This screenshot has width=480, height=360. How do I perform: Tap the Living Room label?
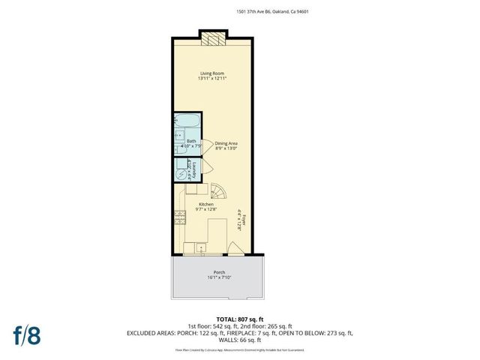pos(213,73)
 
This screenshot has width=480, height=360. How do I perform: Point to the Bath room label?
pos(191,141)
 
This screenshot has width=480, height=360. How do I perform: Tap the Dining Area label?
pos(226,142)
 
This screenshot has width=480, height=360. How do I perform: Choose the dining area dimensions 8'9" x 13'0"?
pos(226,148)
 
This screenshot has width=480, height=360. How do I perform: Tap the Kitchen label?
pos(205,205)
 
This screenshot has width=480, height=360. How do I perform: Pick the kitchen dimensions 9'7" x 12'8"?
pos(205,211)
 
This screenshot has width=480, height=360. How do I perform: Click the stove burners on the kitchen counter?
pos(180,218)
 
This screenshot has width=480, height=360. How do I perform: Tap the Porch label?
pos(219,272)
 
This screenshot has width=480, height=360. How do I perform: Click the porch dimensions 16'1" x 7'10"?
pos(219,278)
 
